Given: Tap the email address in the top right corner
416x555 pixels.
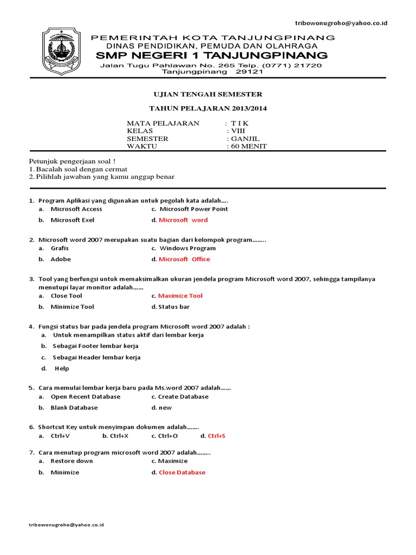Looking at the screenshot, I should tap(341, 23).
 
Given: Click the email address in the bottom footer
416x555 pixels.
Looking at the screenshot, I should tap(66, 525).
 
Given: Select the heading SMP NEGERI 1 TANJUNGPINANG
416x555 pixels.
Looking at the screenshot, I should tap(211, 56).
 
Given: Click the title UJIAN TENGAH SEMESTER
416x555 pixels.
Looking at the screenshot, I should tap(208, 94).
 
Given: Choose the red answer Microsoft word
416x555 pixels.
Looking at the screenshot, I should tap(183, 220).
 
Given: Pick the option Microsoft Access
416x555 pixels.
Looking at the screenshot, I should tap(76, 209).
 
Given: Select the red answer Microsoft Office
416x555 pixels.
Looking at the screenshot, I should tap(184, 259).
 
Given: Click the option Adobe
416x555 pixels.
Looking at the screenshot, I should tap(61, 259).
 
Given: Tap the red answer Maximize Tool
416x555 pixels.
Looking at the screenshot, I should tap(180, 296).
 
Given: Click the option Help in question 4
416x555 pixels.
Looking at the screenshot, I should tap(62, 369).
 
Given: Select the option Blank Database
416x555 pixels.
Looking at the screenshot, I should tap(74, 408).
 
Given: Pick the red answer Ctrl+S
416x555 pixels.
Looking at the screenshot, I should tap(217, 436).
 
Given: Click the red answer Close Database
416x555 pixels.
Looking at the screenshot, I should tap(182, 473).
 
